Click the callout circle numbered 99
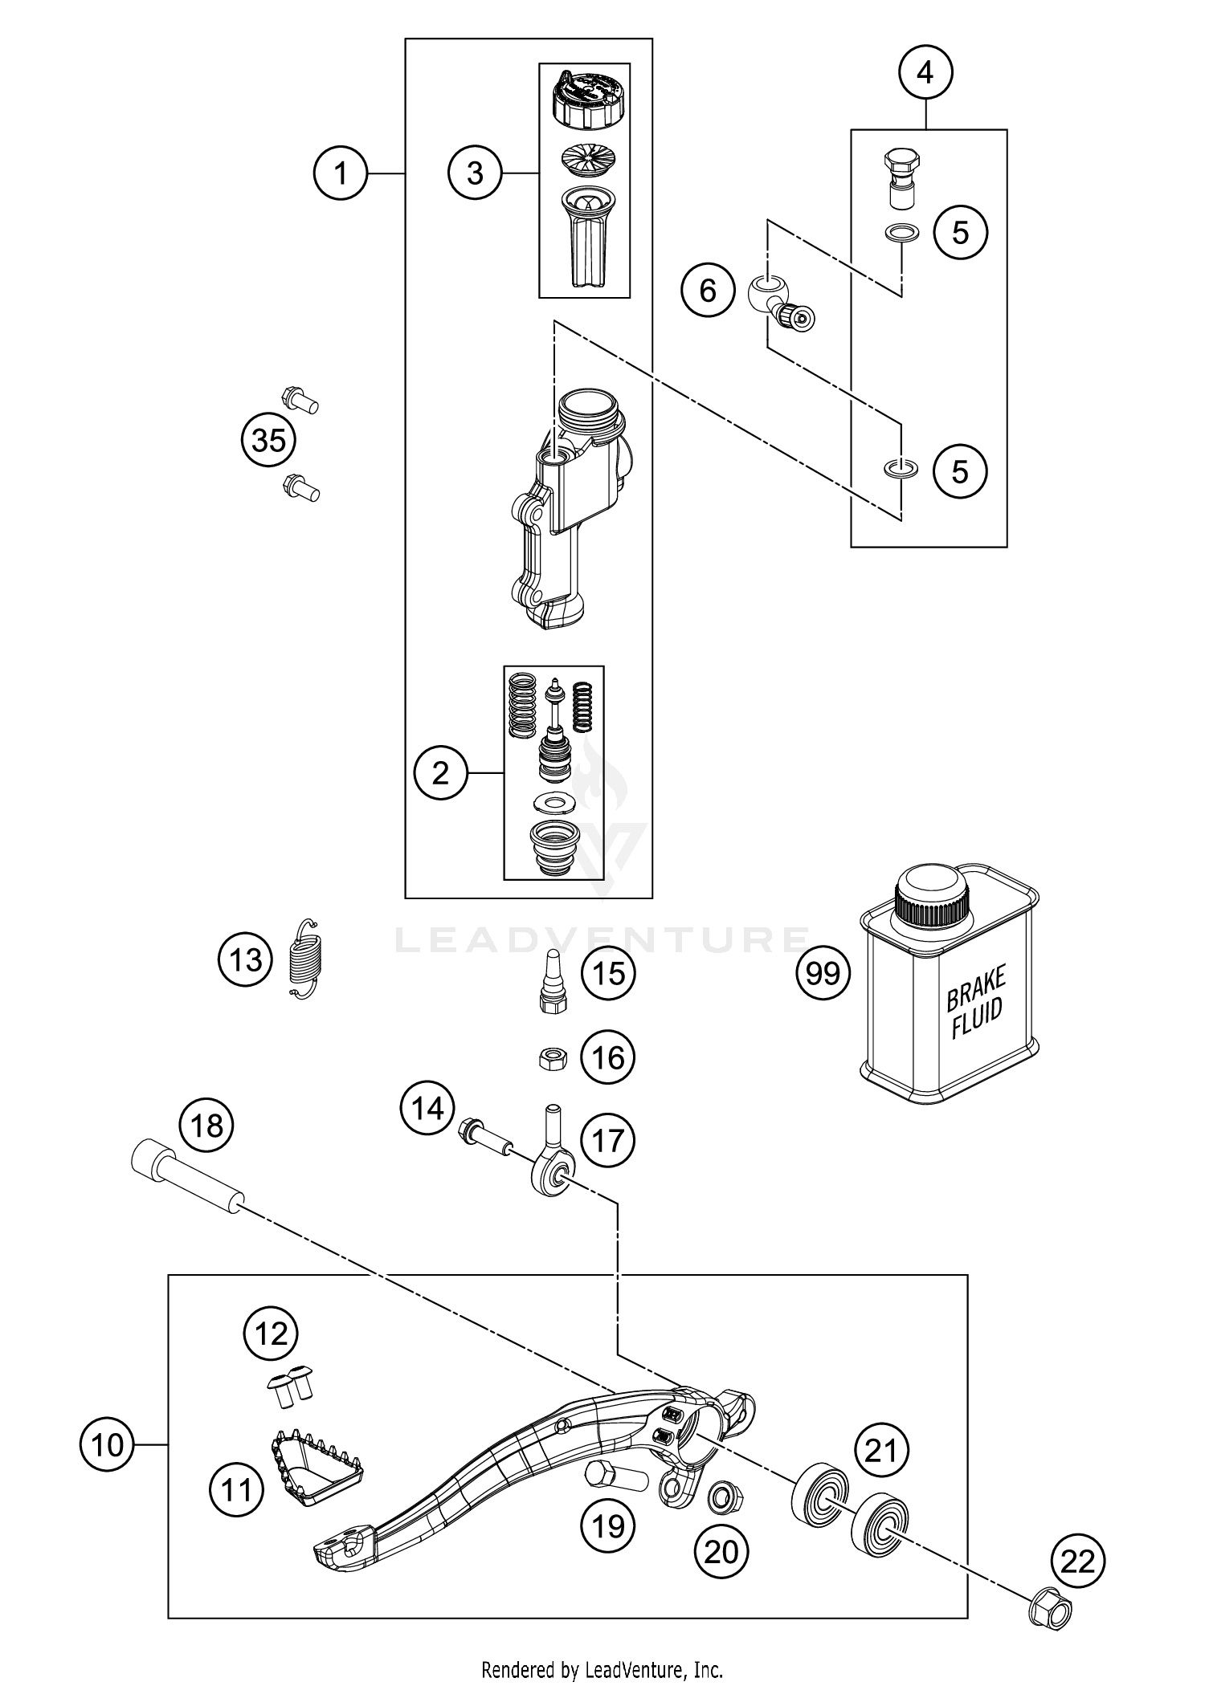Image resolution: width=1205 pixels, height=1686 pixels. pyautogui.click(x=823, y=974)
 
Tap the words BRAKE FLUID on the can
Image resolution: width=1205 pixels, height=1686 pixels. pyautogui.click(x=974, y=1004)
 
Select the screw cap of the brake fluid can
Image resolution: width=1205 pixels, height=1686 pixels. pyautogui.click(x=932, y=895)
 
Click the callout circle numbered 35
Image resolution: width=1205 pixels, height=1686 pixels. pyautogui.click(x=268, y=440)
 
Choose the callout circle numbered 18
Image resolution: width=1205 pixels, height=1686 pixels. pyautogui.click(x=207, y=1126)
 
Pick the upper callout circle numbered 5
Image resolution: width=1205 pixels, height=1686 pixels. pyautogui.click(x=960, y=233)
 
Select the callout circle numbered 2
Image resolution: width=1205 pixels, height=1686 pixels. pyautogui.click(x=440, y=773)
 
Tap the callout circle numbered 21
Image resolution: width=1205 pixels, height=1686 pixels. pyautogui.click(x=881, y=1452)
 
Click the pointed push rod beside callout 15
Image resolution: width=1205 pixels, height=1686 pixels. pyautogui.click(x=553, y=974)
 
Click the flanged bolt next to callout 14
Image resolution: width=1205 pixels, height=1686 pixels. pyautogui.click(x=484, y=1136)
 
